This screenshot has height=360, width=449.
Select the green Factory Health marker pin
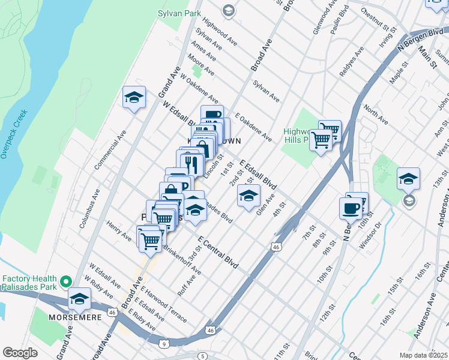click(x=66, y=281)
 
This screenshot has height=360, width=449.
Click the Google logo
click(x=20, y=353)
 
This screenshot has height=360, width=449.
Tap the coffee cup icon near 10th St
click(x=351, y=208)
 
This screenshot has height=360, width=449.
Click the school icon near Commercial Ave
click(x=134, y=97)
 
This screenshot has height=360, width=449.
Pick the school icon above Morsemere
click(x=79, y=298)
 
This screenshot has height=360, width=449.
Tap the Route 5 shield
click(x=203, y=356)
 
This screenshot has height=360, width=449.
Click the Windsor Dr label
click(x=370, y=232)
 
